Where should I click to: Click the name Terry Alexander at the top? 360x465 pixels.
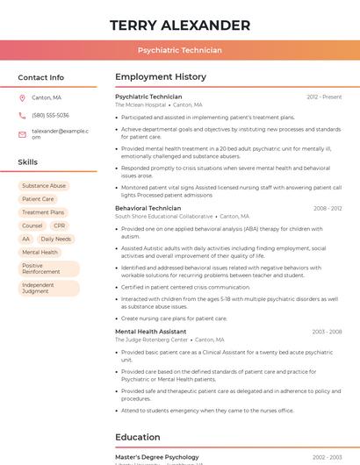pos(180,25)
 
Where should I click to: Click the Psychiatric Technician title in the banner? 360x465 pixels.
pos(180,50)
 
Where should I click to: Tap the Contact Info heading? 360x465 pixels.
pos(40,77)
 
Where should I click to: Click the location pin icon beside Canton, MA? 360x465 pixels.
pos(22,97)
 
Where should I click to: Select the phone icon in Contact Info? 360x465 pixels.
pos(22,115)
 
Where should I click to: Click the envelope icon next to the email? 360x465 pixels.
pos(22,134)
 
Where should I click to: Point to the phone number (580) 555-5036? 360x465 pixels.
pos(50,115)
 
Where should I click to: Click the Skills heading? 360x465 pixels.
pos(27,162)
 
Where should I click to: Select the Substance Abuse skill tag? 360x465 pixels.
pos(44,186)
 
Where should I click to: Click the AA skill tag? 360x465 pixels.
pos(25,239)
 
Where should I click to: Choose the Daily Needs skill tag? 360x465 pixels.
pos(56,239)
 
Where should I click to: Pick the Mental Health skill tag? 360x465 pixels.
pos(40,252)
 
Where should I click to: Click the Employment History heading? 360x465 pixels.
pos(161,77)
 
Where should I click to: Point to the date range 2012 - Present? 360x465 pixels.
pos(324,97)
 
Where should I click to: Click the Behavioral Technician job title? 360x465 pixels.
pos(148,208)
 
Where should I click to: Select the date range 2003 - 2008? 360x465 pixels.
pos(327,332)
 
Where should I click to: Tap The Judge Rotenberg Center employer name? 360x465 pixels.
pos(151,340)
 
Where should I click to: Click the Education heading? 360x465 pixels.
pos(137,437)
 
